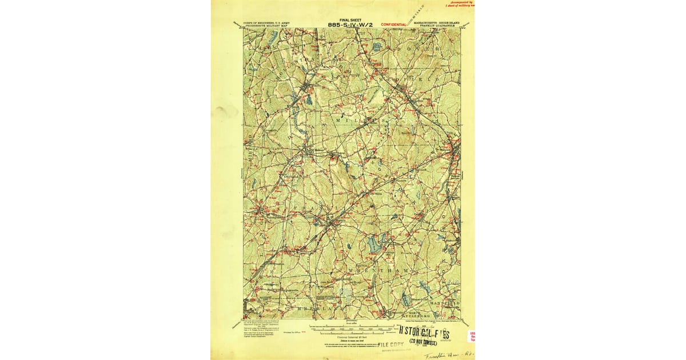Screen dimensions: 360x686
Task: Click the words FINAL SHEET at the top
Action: point(351,19)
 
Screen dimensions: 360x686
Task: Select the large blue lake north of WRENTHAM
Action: point(376,244)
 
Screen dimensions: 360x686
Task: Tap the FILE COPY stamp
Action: point(390,345)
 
